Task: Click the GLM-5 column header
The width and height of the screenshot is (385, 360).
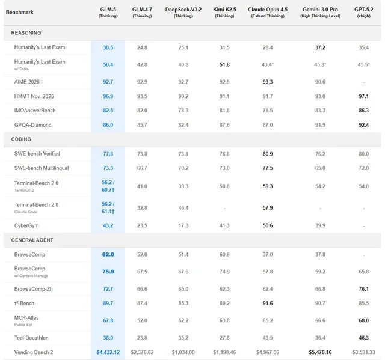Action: [108, 10]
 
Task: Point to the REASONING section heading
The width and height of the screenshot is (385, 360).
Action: [26, 32]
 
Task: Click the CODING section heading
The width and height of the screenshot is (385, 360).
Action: [22, 139]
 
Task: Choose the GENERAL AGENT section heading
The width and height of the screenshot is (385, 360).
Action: [32, 240]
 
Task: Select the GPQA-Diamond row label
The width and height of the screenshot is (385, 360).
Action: [33, 125]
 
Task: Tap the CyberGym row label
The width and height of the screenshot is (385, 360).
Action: [28, 225]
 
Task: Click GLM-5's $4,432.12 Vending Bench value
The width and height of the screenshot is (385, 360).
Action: [108, 352]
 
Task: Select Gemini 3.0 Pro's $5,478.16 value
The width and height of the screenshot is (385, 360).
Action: [320, 352]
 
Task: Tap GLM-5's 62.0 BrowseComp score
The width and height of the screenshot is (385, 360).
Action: [108, 254]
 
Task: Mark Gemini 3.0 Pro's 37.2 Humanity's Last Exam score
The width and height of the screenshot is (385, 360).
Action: [320, 47]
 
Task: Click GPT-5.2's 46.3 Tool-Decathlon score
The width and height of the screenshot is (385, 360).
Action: [364, 337]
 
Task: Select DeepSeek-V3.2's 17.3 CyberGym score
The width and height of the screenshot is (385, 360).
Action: [183, 225]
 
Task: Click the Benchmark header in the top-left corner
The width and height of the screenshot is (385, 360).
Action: [20, 12]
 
